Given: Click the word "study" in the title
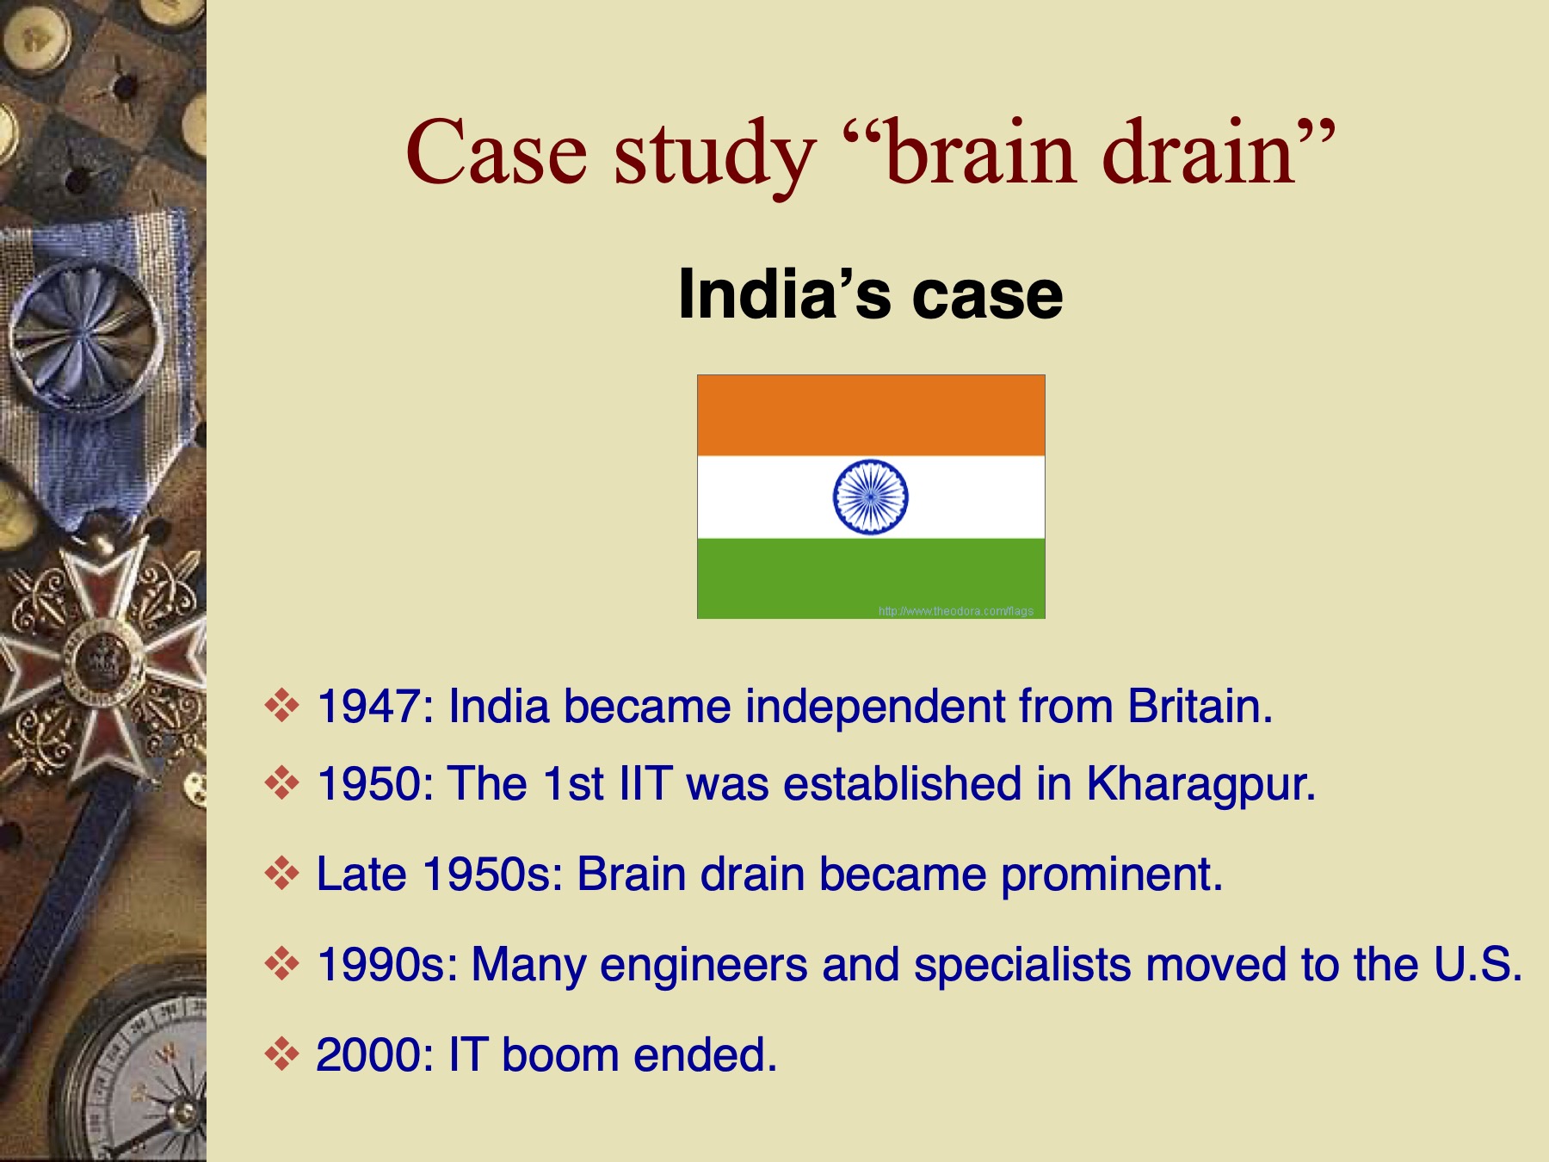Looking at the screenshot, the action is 714,155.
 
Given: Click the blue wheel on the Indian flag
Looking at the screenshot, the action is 870,497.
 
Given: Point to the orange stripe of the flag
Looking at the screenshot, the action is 871,415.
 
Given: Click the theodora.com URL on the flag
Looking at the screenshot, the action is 955,611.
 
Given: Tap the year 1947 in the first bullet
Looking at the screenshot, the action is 368,707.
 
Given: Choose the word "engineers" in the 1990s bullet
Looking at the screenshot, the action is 703,965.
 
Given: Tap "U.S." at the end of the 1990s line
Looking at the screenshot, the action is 1478,964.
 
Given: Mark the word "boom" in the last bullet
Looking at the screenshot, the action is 559,1055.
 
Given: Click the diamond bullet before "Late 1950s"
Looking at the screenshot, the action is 281,875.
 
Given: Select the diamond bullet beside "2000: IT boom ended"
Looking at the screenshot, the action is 281,1054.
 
